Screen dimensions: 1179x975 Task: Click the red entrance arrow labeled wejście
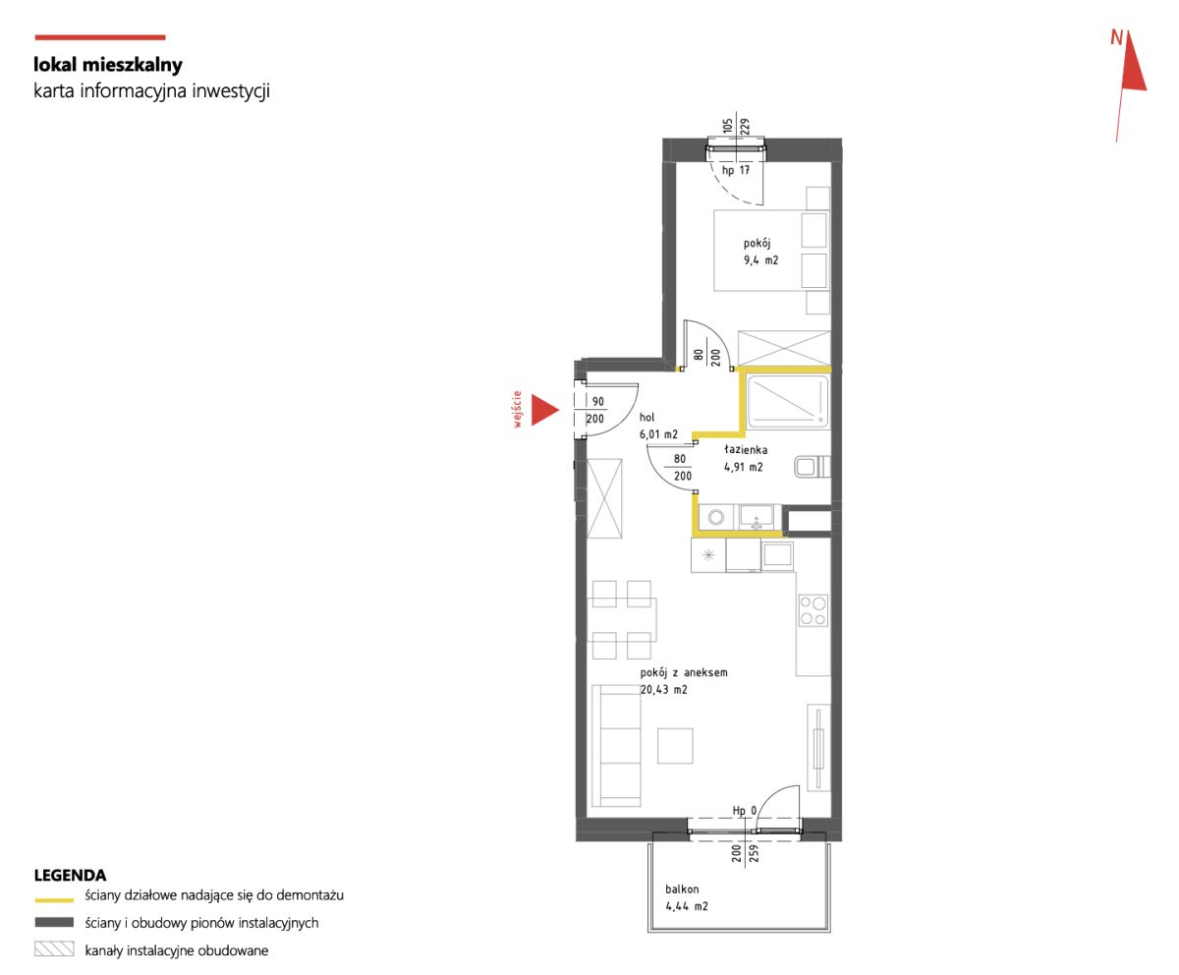click(543, 410)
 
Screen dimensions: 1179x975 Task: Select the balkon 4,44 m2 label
click(686, 897)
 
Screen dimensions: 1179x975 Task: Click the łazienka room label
click(746, 449)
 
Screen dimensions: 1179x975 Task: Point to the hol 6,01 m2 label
click(658, 426)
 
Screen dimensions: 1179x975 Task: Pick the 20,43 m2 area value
click(663, 689)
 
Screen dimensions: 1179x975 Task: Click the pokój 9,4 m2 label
click(760, 252)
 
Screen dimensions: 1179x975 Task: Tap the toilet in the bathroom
click(813, 467)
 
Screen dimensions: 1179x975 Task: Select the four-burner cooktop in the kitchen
click(814, 610)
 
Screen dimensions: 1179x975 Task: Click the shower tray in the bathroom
click(788, 401)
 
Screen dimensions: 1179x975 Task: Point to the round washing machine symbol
click(716, 517)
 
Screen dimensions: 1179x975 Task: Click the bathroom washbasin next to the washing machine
click(757, 517)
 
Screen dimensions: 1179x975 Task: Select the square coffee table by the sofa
click(675, 746)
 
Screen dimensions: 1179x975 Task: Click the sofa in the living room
click(616, 745)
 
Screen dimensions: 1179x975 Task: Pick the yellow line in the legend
click(54, 900)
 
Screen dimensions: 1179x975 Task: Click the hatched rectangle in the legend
click(54, 948)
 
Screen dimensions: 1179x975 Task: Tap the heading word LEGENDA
click(70, 876)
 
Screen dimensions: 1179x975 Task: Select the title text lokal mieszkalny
click(108, 65)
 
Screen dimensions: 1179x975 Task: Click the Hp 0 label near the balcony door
click(744, 811)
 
